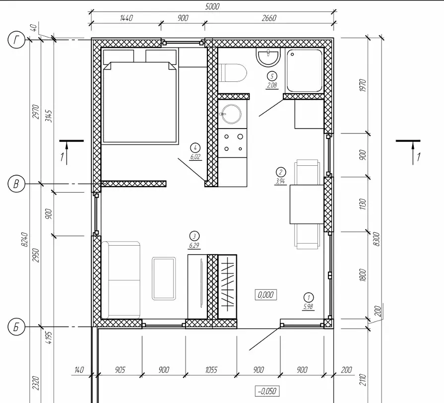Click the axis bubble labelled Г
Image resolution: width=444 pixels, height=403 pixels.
[x=16, y=40]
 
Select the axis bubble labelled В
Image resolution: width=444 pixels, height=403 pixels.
[x=16, y=184]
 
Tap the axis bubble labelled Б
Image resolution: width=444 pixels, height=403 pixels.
[x=16, y=327]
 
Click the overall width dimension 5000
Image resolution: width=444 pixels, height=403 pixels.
[x=212, y=6]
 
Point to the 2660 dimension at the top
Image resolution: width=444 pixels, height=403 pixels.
[x=269, y=18]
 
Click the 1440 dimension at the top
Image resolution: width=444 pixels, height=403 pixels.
[x=126, y=18]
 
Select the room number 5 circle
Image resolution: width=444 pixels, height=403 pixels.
[x=272, y=76]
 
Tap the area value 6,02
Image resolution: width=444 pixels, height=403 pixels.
[x=195, y=157]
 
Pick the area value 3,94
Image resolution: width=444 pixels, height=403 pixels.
[x=280, y=181]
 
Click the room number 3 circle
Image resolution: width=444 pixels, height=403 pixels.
[x=194, y=236]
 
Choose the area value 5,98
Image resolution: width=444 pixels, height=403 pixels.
[x=308, y=306]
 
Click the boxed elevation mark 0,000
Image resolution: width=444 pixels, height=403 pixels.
[x=265, y=295]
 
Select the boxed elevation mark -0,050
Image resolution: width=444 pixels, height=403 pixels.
[x=267, y=391]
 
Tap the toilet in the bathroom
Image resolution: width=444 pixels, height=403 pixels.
[x=232, y=73]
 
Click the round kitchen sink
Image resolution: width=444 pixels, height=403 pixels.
[x=231, y=114]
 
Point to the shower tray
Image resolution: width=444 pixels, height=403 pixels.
[x=305, y=71]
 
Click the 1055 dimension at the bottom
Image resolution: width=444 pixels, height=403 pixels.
[x=211, y=370]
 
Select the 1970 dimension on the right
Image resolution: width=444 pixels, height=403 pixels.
[x=363, y=85]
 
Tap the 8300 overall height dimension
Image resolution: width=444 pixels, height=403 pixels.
[x=377, y=239]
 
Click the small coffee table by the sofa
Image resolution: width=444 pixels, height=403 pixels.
[x=164, y=278]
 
